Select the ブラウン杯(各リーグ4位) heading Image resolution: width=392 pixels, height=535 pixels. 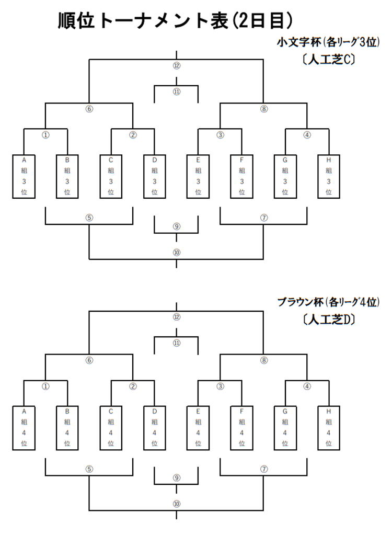(x=328, y=302)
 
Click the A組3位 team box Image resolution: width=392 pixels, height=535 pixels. (x=24, y=176)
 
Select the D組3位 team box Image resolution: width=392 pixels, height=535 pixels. (x=154, y=176)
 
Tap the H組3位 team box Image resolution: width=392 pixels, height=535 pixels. (x=329, y=176)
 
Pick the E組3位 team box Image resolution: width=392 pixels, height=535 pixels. (x=198, y=176)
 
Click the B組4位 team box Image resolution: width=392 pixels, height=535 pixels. (x=67, y=427)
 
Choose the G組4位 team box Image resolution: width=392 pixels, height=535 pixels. (x=285, y=427)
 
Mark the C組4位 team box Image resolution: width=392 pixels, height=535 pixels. (x=111, y=427)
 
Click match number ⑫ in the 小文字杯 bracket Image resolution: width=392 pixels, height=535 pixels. (x=176, y=65)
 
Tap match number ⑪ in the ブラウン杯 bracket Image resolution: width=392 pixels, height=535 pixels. (x=176, y=343)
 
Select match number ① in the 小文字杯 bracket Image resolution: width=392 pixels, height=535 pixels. (x=45, y=135)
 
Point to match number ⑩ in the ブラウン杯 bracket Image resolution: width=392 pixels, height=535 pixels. (x=176, y=504)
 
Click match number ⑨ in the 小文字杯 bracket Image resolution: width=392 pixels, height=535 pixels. (x=176, y=226)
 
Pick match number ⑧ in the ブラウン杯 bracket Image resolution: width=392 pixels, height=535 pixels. (x=263, y=360)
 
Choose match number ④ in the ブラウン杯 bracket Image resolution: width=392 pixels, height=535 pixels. (x=307, y=386)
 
